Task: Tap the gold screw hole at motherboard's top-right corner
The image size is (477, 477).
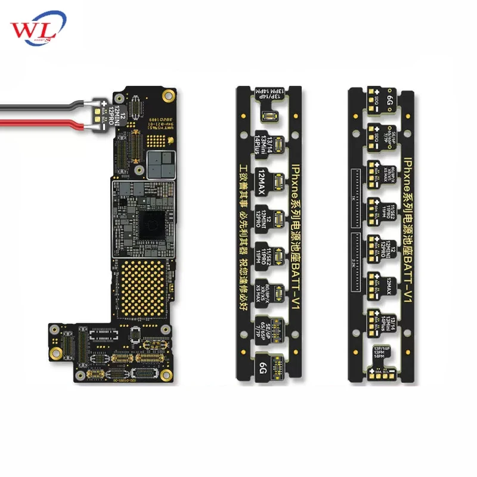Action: pos(169,94)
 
